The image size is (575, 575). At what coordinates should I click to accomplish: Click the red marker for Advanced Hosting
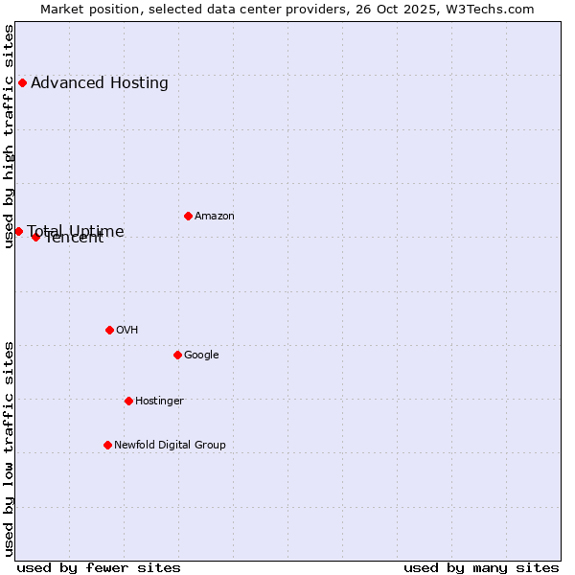(x=22, y=82)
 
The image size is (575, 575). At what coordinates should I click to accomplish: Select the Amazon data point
(x=188, y=216)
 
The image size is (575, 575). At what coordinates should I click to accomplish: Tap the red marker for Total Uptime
(x=18, y=231)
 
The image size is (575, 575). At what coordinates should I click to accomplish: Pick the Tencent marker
(x=35, y=237)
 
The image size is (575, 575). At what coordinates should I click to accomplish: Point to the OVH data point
(x=109, y=330)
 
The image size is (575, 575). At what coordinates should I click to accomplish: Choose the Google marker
(x=177, y=355)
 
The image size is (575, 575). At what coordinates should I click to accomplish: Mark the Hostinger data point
(x=128, y=401)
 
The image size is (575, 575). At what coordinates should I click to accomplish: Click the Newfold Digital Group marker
(x=107, y=445)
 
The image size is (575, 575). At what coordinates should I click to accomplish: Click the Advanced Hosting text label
(x=100, y=82)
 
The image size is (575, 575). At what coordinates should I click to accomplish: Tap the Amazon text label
(x=215, y=216)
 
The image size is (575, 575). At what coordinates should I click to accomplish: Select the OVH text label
(x=127, y=330)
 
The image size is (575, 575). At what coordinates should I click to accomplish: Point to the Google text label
(x=201, y=355)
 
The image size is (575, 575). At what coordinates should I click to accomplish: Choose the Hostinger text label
(x=159, y=401)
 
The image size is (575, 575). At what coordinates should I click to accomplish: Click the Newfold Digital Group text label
(x=170, y=445)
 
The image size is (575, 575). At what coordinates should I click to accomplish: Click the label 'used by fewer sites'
(x=99, y=567)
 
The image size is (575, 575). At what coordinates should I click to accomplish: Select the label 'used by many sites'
(x=481, y=567)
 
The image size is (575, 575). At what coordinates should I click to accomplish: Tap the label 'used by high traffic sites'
(x=9, y=136)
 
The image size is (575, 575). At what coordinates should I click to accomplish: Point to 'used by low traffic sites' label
(x=9, y=448)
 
